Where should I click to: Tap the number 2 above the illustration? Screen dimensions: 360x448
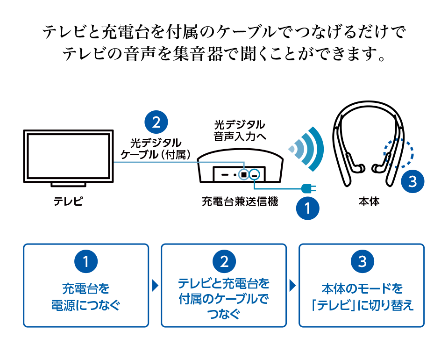coord(156,122)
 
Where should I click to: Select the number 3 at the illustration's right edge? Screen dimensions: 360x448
coord(412,182)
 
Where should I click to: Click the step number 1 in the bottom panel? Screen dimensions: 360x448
coord(85,262)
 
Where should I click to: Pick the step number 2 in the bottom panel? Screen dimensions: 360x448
coord(224,262)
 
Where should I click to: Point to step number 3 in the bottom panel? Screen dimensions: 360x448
coord(363,262)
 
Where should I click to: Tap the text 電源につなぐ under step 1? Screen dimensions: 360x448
coord(85,306)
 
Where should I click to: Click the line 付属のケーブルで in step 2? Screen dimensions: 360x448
coord(224,300)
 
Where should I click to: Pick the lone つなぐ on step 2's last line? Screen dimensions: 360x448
coord(224,315)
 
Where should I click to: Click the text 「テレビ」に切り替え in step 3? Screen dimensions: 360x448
coord(363,306)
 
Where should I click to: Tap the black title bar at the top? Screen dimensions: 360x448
coord(224,43)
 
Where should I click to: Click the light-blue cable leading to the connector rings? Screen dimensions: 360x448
coord(220,160)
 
